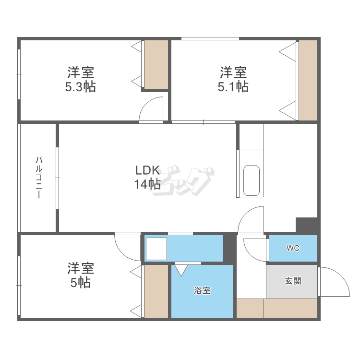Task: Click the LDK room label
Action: [147, 170]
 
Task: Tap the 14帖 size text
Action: [147, 184]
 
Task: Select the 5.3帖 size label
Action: [80, 87]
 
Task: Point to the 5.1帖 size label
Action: [233, 87]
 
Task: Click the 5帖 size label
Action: [80, 282]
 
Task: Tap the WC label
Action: [293, 248]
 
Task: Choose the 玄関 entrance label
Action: [293, 281]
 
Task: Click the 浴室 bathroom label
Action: [202, 291]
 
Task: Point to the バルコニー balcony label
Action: [39, 177]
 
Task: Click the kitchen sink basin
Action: [252, 180]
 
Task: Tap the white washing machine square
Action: [156, 249]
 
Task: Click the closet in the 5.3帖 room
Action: [156, 64]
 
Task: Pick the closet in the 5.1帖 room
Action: [308, 80]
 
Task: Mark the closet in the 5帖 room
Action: [156, 291]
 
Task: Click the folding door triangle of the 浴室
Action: [181, 270]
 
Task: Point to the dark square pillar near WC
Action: [307, 225]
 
